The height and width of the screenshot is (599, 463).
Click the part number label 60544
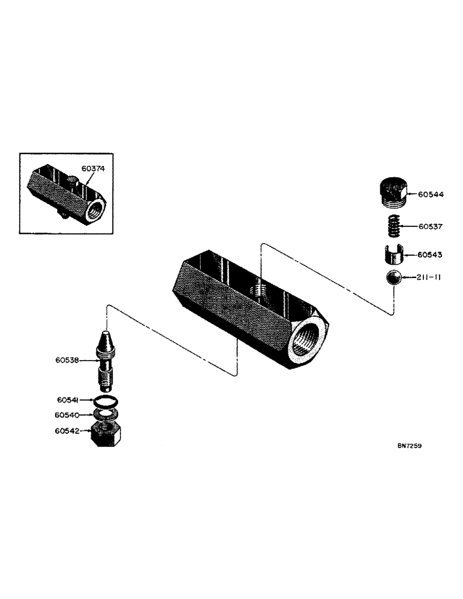(431, 195)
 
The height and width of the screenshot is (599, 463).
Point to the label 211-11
(429, 279)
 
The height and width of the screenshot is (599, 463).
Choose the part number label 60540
(67, 415)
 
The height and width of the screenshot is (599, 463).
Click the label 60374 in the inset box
(94, 170)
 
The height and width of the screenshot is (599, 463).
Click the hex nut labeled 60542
(107, 433)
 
